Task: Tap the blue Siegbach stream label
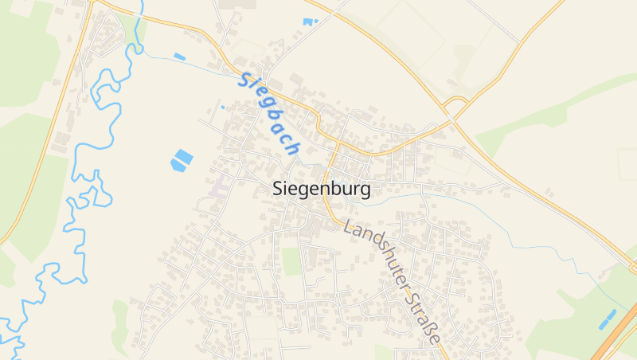(x=269, y=114)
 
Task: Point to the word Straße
(x=422, y=319)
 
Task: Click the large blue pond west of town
(x=182, y=160)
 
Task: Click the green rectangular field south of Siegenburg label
(x=292, y=261)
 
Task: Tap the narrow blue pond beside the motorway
(x=608, y=319)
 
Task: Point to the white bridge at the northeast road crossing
(x=451, y=116)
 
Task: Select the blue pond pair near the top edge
(x=310, y=22)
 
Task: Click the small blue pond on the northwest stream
(x=180, y=57)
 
